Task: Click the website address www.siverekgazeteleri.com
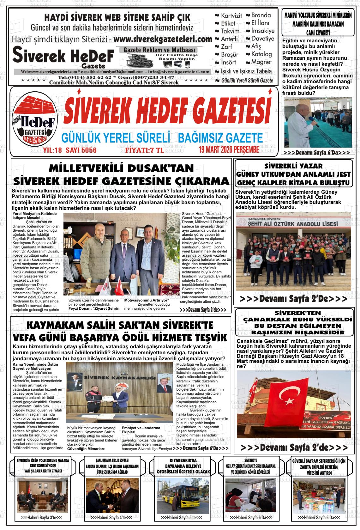tap(162, 40)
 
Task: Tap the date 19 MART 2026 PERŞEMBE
tap(229, 149)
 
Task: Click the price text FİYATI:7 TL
tap(145, 150)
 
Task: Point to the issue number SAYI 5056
tap(81, 150)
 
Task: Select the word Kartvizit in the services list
tap(231, 15)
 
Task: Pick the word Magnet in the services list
tap(261, 62)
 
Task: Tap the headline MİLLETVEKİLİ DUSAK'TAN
tap(122, 168)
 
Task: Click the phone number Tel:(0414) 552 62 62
tap(84, 77)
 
